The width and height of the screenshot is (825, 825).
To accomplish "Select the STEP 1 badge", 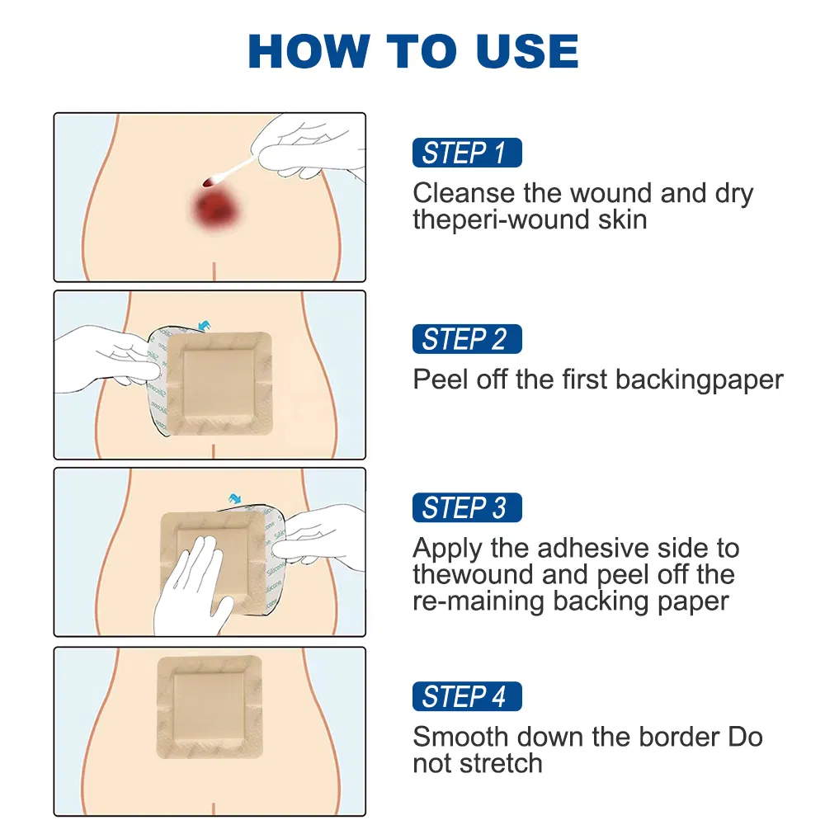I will [466, 153].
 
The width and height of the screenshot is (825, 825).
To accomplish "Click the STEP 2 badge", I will [466, 339].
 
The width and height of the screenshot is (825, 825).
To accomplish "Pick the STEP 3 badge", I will [466, 507].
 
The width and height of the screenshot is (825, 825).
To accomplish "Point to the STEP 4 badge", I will [466, 696].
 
